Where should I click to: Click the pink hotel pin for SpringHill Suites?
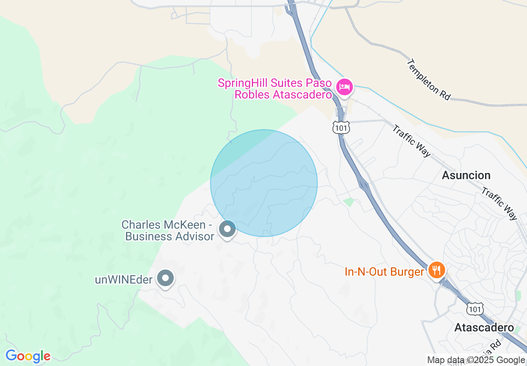pyautogui.click(x=344, y=87)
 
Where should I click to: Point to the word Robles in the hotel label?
pyautogui.click(x=252, y=94)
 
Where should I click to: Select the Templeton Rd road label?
pyautogui.click(x=428, y=79)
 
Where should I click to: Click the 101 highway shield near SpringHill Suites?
pyautogui.click(x=341, y=127)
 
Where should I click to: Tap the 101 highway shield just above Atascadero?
pyautogui.click(x=475, y=309)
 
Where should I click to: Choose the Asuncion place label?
pyautogui.click(x=466, y=175)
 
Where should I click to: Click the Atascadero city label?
pyautogui.click(x=484, y=327)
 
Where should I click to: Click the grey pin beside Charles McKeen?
pyautogui.click(x=227, y=229)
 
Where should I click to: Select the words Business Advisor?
pyautogui.click(x=170, y=236)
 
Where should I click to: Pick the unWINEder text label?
pyautogui.click(x=124, y=279)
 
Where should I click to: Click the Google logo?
pyautogui.click(x=28, y=356)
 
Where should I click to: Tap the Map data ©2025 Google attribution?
pyautogui.click(x=476, y=360)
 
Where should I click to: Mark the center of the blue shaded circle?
pyautogui.click(x=264, y=183)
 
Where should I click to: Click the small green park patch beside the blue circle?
pyautogui.click(x=349, y=202)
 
